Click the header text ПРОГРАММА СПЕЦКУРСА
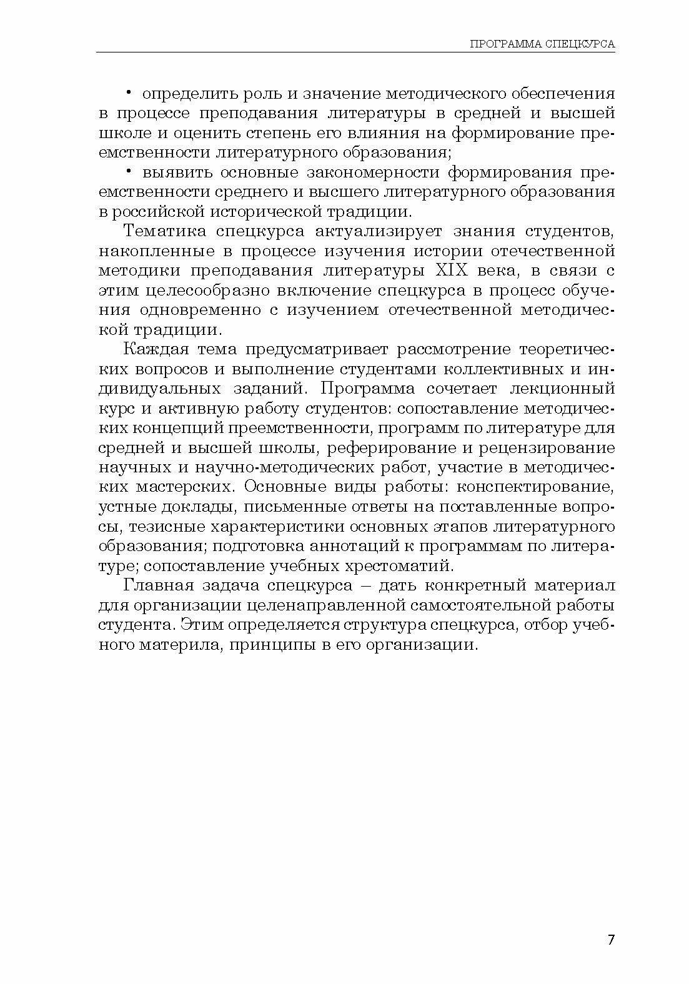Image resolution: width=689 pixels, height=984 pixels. click(542, 44)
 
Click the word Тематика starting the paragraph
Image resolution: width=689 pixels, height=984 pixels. click(165, 231)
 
